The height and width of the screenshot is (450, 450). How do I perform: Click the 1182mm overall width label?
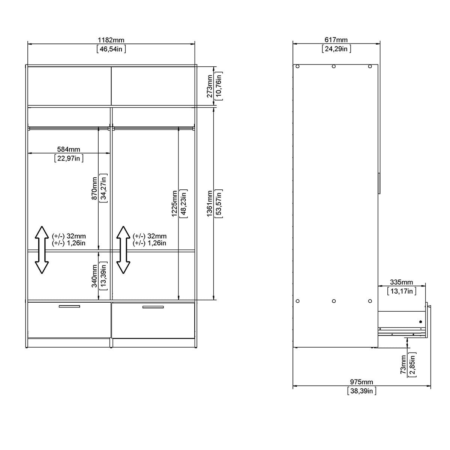click(111, 40)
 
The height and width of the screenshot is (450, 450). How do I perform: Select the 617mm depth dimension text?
click(336, 40)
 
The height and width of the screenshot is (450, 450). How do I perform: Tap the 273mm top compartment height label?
click(210, 86)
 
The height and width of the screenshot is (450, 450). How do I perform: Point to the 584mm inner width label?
click(69, 150)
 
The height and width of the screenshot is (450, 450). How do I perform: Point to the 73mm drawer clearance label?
click(403, 364)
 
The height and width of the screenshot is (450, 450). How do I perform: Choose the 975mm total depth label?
click(361, 382)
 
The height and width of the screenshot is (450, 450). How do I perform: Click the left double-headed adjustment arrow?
click(42, 250)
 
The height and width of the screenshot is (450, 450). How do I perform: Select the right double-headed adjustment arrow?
click(123, 250)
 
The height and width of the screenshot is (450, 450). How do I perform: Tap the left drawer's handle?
click(69, 306)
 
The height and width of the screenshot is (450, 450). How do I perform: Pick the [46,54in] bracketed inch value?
click(111, 49)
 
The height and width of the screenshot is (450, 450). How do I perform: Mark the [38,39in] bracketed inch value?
click(361, 391)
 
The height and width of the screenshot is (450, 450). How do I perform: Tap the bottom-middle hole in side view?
click(334, 301)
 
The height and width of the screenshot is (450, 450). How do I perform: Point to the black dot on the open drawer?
click(420, 322)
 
